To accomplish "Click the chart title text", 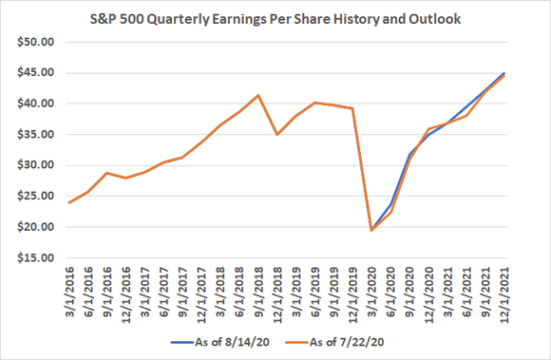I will (x=275, y=20).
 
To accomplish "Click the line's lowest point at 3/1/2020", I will (x=371, y=231).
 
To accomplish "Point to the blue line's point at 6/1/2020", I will (x=390, y=204).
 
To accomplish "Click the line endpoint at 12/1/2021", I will (x=503, y=74).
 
